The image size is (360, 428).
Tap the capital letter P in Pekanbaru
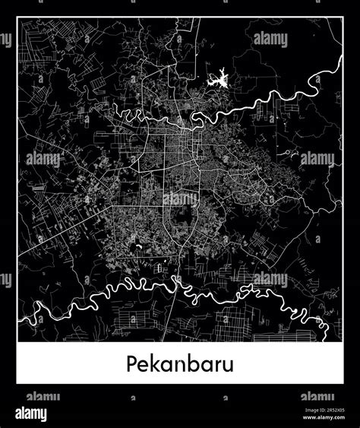click(131, 363)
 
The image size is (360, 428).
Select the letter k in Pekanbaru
click(155, 363)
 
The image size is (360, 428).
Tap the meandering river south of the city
click(114, 290)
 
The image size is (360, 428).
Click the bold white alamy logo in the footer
click(27, 414)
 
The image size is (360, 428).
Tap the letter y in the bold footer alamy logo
click(43, 416)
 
